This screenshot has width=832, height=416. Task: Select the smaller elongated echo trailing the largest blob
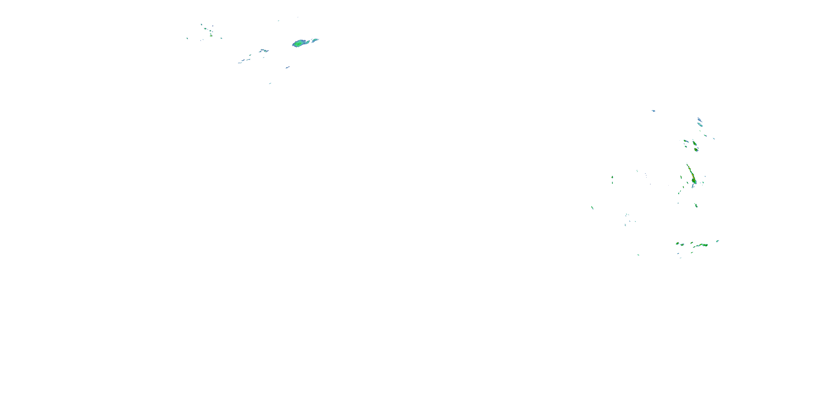pos(314,40)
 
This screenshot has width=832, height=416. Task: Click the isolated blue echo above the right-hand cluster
pos(653,111)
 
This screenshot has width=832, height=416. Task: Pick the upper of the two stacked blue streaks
pos(699,120)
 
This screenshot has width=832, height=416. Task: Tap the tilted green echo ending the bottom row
pos(717,241)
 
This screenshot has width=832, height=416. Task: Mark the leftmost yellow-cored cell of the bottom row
pos(678,243)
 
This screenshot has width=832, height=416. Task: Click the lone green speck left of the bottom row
pos(638,255)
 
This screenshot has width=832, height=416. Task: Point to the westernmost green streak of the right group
pos(592,207)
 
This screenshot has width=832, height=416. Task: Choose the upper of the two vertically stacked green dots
pos(612,177)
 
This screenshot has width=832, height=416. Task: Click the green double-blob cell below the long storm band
pos(696,206)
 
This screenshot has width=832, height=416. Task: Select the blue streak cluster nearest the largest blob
pos(264,51)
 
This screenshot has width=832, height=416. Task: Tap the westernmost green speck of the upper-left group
pos(187,38)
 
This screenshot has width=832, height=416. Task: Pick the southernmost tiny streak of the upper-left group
pos(270,83)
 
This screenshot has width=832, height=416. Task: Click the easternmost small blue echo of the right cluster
pos(714,139)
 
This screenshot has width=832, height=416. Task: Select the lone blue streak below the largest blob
pos(287,67)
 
